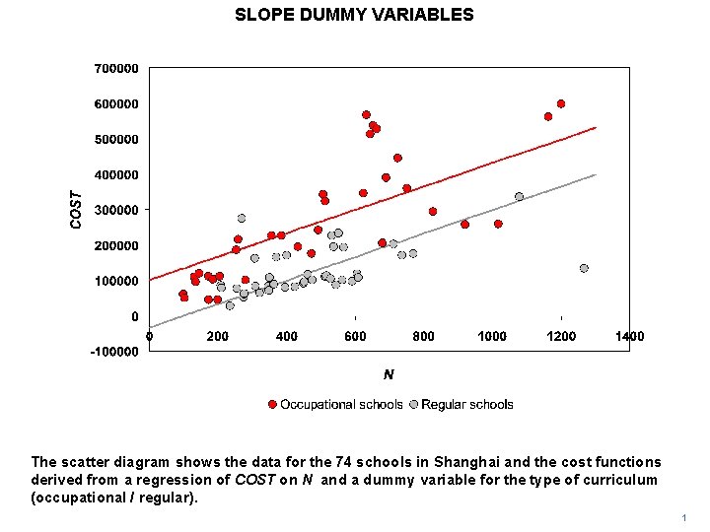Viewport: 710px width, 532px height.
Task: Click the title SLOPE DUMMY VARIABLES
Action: pos(354,15)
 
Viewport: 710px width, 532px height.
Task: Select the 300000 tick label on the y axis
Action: pos(115,210)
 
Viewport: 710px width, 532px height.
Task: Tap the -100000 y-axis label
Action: pos(113,352)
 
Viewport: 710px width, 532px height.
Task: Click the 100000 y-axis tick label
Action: pos(115,281)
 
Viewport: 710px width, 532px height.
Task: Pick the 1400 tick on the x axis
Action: pos(629,336)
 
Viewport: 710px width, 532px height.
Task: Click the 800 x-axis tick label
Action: pos(423,336)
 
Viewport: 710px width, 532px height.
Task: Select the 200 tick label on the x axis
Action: pos(217,336)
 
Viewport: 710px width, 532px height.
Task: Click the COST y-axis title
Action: pos(77,210)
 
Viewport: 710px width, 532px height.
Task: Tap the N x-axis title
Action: pos(389,374)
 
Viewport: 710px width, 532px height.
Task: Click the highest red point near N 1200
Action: pos(561,103)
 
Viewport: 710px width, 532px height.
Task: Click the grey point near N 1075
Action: pos(519,196)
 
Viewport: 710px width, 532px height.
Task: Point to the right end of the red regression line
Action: pos(596,127)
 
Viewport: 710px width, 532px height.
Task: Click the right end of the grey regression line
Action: pos(596,174)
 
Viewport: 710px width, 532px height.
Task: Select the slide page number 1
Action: pos(682,518)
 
